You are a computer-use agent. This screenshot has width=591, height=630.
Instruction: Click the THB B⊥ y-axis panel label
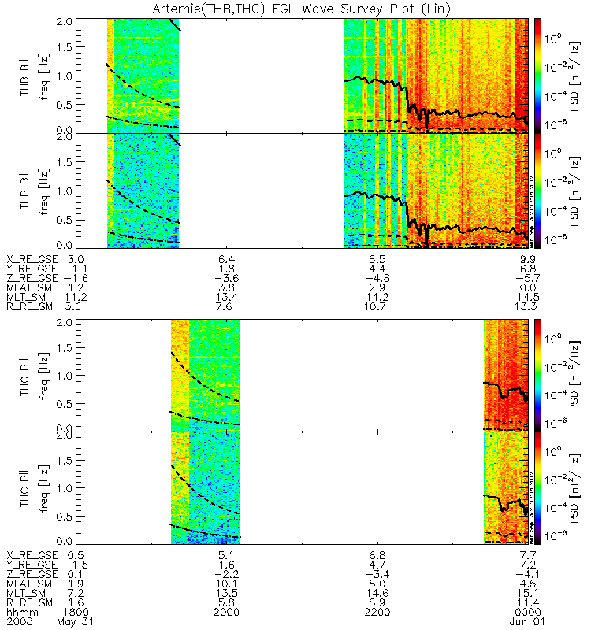[x=26, y=75]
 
